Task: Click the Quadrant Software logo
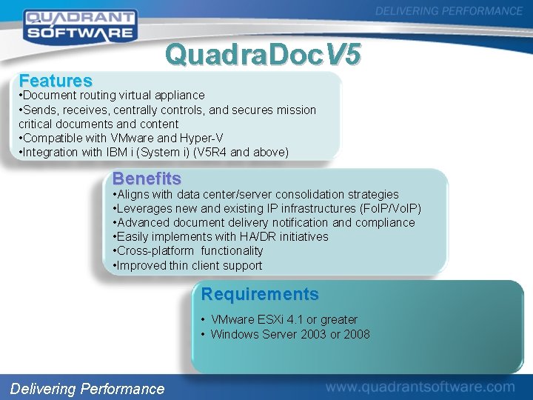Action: click(x=79, y=24)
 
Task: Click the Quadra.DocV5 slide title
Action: click(x=264, y=54)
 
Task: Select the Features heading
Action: click(x=56, y=80)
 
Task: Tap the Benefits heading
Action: click(x=147, y=179)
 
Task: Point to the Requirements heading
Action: click(x=260, y=294)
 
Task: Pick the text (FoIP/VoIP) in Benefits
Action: click(x=390, y=208)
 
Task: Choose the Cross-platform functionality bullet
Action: click(x=188, y=251)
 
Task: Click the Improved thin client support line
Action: click(x=187, y=265)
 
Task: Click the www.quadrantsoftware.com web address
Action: click(x=420, y=387)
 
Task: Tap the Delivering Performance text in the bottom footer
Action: click(x=87, y=388)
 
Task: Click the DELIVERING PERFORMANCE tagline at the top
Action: click(x=449, y=11)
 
